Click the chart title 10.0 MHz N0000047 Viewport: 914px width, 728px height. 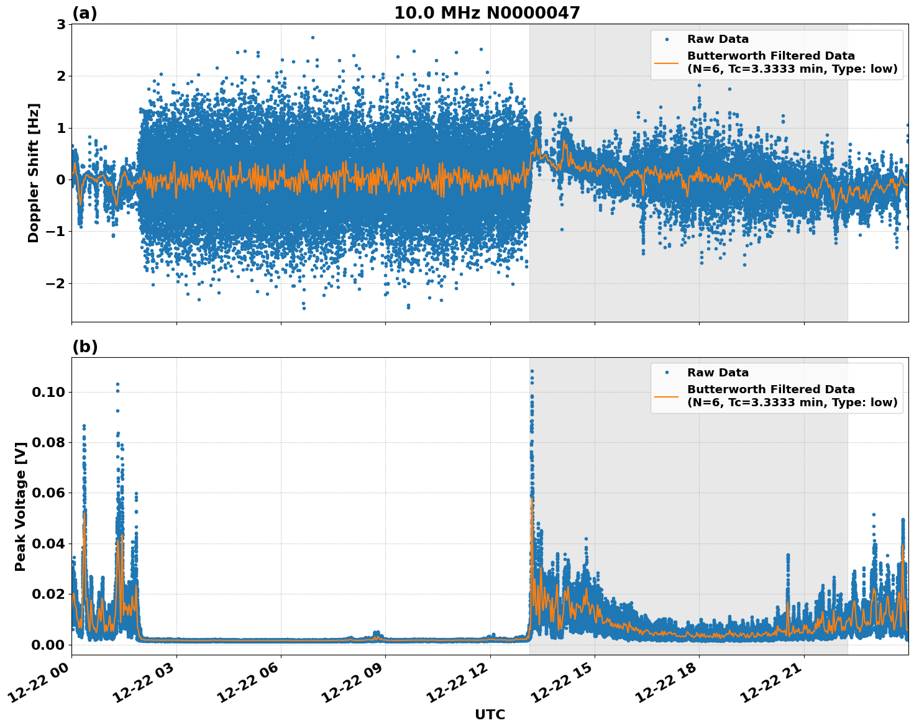(x=487, y=13)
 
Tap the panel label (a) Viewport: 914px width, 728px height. (x=85, y=13)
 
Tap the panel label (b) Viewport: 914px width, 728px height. (x=85, y=347)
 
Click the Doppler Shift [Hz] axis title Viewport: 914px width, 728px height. (x=34, y=173)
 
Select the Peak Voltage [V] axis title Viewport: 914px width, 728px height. (x=21, y=506)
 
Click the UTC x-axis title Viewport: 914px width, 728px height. (x=490, y=715)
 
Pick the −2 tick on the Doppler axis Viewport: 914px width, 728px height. (x=54, y=283)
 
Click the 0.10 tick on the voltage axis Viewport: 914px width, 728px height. (x=48, y=392)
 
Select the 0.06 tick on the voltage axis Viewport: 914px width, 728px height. (x=48, y=493)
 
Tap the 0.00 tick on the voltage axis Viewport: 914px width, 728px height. (x=48, y=645)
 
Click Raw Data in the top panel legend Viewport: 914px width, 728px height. (x=718, y=39)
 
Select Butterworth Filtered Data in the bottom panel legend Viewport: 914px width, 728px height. (x=770, y=389)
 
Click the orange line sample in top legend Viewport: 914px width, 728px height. (x=667, y=62)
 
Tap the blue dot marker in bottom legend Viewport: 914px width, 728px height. (x=667, y=373)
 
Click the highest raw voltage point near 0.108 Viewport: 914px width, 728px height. (x=532, y=371)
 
